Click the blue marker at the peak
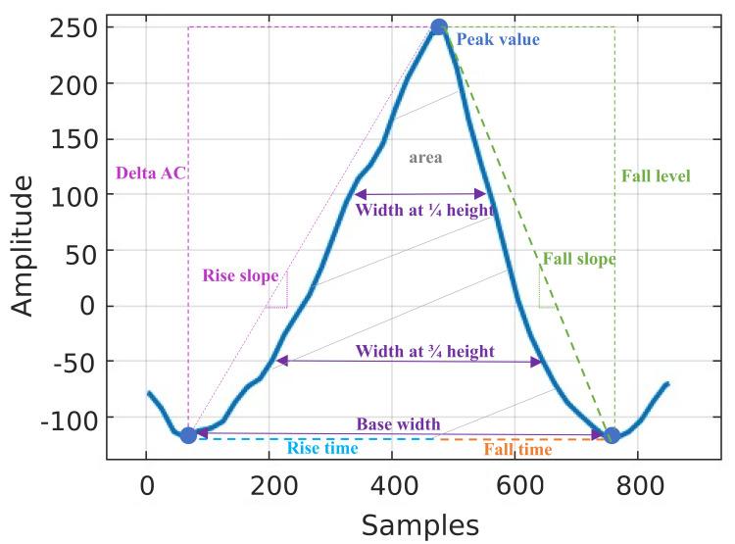(439, 27)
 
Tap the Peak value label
(497, 40)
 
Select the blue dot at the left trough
(188, 435)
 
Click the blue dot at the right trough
(612, 435)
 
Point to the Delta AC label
(150, 173)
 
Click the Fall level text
(656, 176)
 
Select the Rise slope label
(239, 275)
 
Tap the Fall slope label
(579, 260)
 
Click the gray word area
(425, 156)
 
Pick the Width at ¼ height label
(424, 210)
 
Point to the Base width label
(398, 424)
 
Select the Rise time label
(321, 449)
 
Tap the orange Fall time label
(518, 449)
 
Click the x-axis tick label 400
(392, 483)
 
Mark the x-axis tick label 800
(638, 483)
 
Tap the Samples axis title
(420, 524)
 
